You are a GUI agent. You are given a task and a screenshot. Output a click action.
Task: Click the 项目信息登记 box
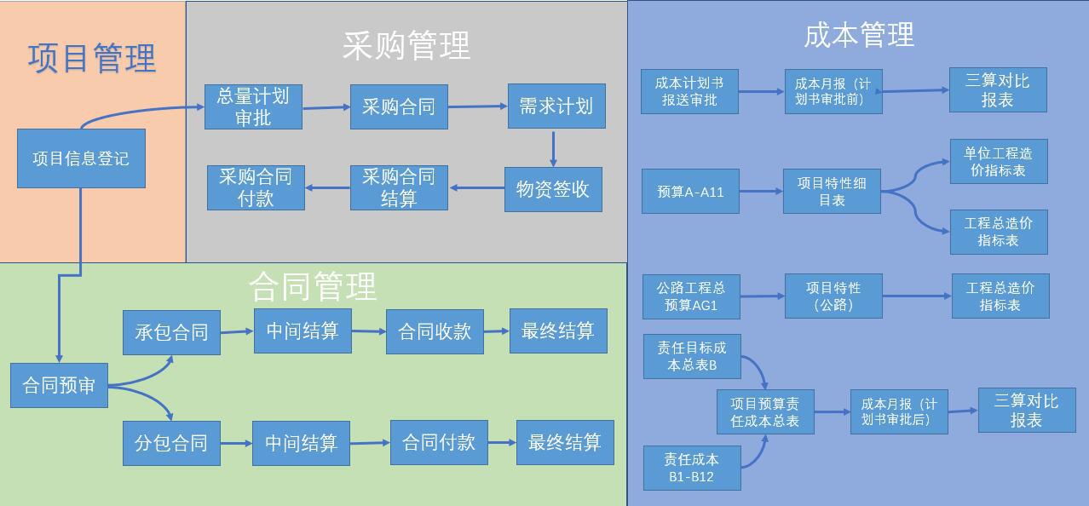[81, 158]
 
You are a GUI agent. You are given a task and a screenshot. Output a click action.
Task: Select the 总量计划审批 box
[253, 106]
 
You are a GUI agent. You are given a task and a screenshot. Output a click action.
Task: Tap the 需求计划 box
[556, 106]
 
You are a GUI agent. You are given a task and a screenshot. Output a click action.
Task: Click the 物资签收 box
[553, 189]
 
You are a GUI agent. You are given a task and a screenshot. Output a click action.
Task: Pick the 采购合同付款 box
[256, 187]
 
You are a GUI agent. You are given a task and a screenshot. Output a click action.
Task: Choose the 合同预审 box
[59, 386]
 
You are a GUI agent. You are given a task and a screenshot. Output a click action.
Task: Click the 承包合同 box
[171, 331]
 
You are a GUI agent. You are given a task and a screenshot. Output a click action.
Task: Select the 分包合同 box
[171, 443]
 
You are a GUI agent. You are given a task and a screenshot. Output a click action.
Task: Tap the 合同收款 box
[435, 331]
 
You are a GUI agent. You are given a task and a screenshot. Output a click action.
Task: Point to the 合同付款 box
[439, 443]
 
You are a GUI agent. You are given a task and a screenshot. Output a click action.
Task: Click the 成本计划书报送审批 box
[689, 91]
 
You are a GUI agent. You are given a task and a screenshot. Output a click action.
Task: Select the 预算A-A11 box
[690, 192]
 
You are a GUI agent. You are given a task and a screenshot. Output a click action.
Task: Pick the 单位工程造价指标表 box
[999, 162]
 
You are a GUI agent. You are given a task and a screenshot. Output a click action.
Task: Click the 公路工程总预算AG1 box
[690, 296]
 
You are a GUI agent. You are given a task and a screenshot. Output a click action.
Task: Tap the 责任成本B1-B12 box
[691, 468]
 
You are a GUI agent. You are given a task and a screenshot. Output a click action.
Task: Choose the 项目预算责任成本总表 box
[765, 412]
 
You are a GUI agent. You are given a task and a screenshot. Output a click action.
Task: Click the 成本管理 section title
[858, 35]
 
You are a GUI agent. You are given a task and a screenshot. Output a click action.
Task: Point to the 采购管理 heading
[406, 45]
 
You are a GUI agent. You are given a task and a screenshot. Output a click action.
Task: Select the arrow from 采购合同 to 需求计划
[477, 106]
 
